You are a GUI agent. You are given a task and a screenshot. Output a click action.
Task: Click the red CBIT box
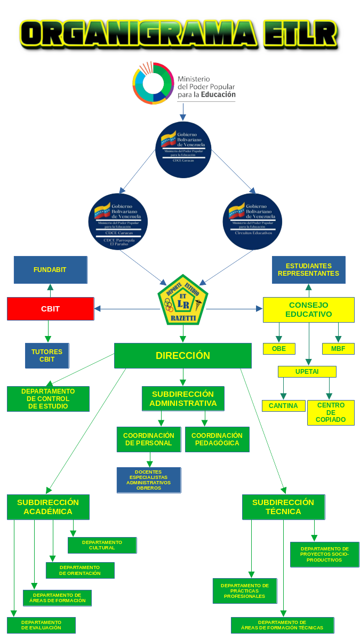pyautogui.click(x=50, y=309)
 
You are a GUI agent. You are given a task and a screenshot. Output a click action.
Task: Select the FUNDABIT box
pyautogui.click(x=50, y=270)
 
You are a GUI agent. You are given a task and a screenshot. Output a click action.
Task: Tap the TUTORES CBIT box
pyautogui.click(x=47, y=356)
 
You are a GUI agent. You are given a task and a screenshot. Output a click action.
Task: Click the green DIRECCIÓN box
pyautogui.click(x=183, y=356)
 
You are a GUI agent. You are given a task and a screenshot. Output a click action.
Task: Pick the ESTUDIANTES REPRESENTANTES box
pyautogui.click(x=308, y=270)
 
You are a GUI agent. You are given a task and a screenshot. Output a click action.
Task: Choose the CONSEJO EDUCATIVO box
pyautogui.click(x=308, y=310)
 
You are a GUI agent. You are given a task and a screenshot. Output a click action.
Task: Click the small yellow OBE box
pyautogui.click(x=279, y=349)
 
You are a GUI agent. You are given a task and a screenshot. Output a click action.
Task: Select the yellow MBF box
pyautogui.click(x=338, y=349)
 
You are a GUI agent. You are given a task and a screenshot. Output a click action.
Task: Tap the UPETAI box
pyautogui.click(x=307, y=372)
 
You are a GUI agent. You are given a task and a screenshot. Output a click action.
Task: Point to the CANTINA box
pyautogui.click(x=283, y=406)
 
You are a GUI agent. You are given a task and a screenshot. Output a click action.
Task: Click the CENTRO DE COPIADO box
pyautogui.click(x=331, y=413)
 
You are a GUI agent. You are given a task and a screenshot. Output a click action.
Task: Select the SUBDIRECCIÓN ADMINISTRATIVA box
pyautogui.click(x=183, y=399)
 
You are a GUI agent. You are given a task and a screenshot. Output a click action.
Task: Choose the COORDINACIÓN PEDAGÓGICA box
pyautogui.click(x=217, y=439)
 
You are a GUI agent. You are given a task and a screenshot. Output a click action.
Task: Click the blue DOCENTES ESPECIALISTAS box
pyautogui.click(x=149, y=480)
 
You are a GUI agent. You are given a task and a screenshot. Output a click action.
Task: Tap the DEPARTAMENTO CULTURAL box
pyautogui.click(x=102, y=545)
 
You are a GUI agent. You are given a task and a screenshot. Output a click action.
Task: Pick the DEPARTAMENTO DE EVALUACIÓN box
pyautogui.click(x=41, y=625)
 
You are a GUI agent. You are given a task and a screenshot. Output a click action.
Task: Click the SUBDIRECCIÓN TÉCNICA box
pyautogui.click(x=283, y=507)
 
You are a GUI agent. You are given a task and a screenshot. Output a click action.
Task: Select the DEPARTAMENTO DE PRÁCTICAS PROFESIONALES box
pyautogui.click(x=245, y=591)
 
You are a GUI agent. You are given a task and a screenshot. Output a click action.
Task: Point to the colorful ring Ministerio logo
pyautogui.click(x=153, y=83)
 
